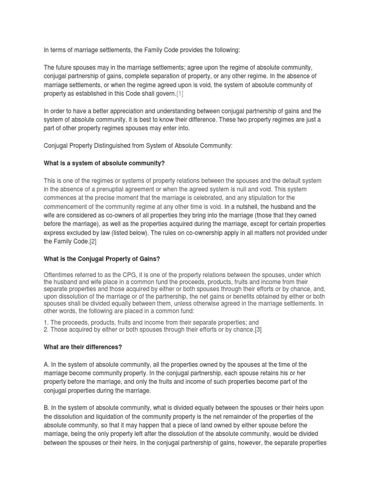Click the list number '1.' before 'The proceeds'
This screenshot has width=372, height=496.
46,322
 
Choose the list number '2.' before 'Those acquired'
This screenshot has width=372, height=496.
46,329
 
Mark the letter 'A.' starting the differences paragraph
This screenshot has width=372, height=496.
47,364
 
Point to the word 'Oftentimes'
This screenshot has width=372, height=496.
60,274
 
